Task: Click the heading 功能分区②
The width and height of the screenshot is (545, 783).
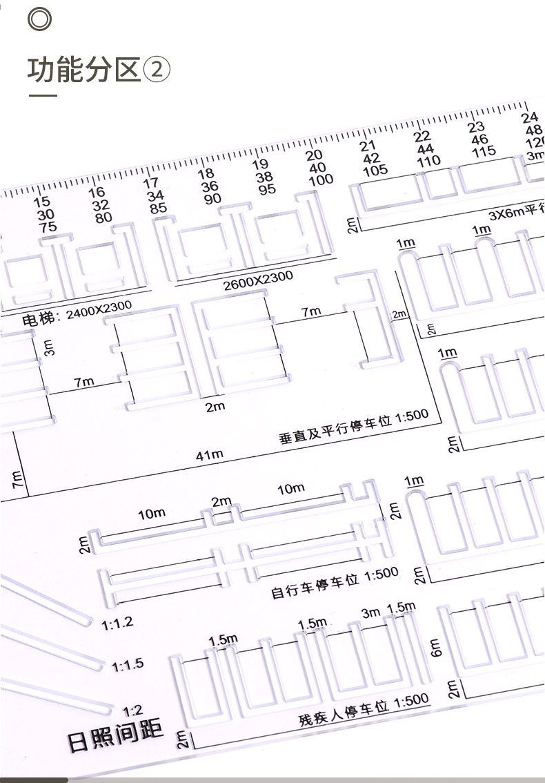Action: tap(98, 70)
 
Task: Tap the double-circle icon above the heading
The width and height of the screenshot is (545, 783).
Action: tap(39, 19)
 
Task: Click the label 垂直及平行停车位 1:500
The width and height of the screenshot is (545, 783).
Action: tap(353, 425)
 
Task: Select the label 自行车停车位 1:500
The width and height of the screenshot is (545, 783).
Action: tap(335, 583)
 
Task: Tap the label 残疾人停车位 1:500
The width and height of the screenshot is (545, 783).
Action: tap(363, 711)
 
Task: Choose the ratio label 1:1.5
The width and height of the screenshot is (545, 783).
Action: tap(128, 665)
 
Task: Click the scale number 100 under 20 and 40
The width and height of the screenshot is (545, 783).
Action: tap(320, 180)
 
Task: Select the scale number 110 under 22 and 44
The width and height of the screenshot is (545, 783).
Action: tap(428, 161)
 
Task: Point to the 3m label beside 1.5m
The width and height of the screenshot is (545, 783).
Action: tap(371, 612)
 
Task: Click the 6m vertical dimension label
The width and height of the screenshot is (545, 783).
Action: tap(436, 646)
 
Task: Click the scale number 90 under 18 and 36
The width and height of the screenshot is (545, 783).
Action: tap(212, 198)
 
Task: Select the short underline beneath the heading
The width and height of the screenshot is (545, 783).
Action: tap(43, 95)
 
